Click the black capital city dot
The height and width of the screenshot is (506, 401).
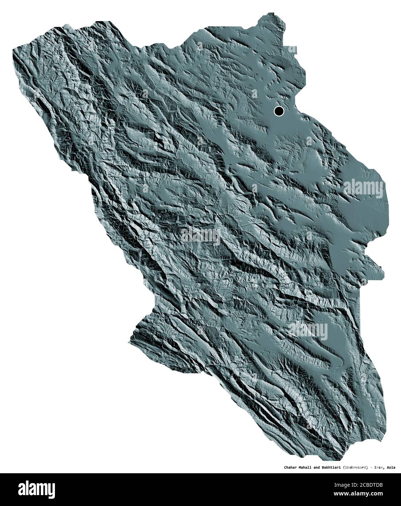[279, 111]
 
